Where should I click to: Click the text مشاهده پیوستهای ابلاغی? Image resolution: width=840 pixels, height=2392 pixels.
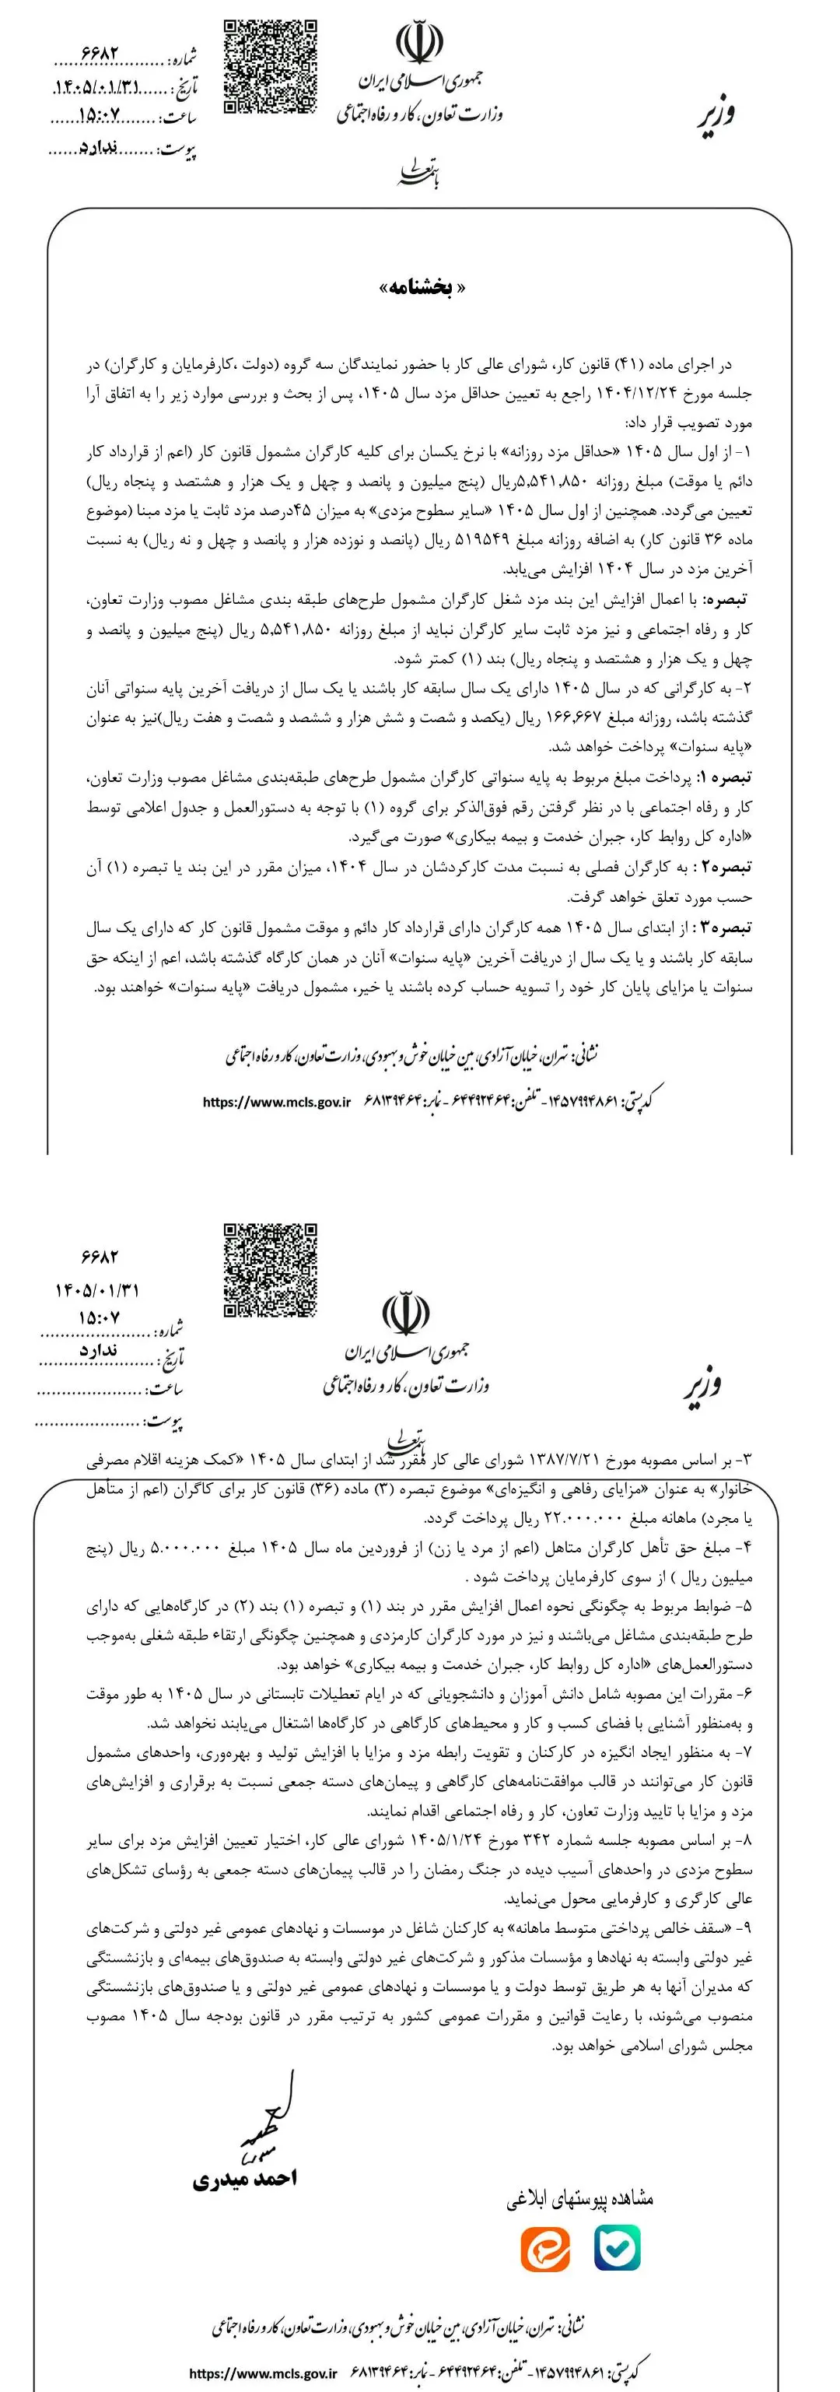tap(580, 2199)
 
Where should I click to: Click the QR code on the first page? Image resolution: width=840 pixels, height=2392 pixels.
tap(271, 66)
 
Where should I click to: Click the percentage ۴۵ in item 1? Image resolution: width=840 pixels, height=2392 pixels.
tap(299, 514)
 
